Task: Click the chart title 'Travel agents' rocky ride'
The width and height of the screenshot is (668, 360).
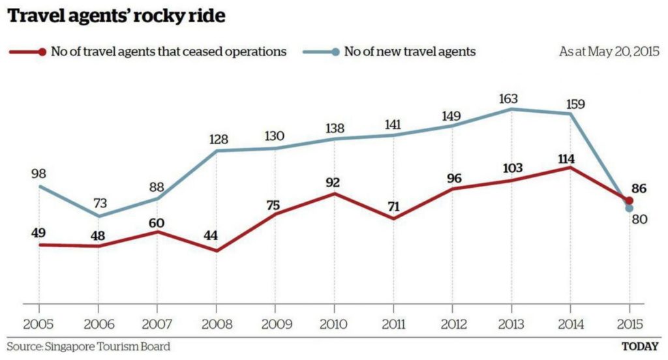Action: pos(116,16)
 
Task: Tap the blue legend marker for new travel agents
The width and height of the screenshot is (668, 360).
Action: pos(335,52)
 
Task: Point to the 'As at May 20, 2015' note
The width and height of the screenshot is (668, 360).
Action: pos(609,52)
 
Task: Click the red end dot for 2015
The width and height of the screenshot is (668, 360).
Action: pos(629,201)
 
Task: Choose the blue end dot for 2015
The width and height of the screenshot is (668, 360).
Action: pos(629,209)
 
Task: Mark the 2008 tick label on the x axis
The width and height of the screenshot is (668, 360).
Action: pos(216,324)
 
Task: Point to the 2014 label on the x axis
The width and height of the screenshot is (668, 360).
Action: pos(570,324)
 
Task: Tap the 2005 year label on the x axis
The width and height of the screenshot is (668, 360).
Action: pos(38,324)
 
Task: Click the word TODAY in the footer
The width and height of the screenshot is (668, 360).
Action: pos(639,346)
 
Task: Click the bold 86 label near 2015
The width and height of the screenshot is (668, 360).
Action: pos(639,189)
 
